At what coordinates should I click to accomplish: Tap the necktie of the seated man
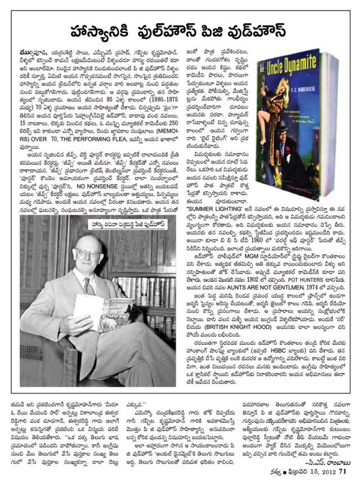(89, 287)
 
